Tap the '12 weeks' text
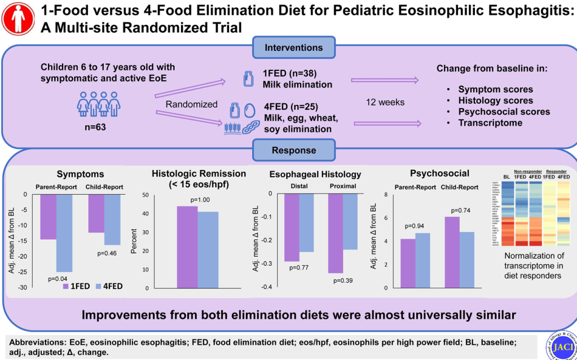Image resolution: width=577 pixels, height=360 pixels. coord(385,103)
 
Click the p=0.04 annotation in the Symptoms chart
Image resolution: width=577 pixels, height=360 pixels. coord(58,278)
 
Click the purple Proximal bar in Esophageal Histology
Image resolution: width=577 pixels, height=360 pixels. coord(336,234)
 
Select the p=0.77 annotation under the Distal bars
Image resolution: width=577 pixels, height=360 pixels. coord(299,267)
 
